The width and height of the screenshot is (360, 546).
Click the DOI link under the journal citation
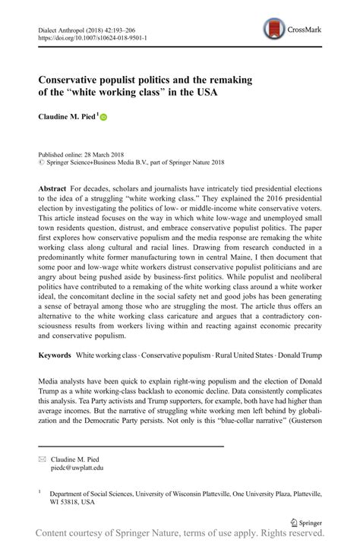tap(90, 37)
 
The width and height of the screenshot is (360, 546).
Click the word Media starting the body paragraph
tap(51, 377)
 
